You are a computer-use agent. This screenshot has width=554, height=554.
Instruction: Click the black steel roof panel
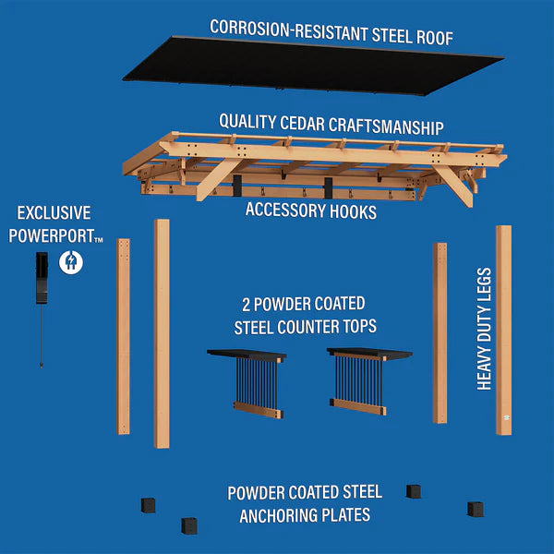pos(313,66)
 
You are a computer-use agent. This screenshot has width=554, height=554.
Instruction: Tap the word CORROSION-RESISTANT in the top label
pos(289,30)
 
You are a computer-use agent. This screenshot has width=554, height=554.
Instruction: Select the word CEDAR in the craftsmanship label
pos(302,124)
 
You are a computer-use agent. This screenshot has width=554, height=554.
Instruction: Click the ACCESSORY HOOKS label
pos(311,211)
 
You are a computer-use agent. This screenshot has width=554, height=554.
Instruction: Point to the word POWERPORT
pos(52,235)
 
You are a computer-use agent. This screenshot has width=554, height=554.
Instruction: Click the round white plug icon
pos(71,262)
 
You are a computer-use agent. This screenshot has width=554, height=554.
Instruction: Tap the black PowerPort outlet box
pos(42,278)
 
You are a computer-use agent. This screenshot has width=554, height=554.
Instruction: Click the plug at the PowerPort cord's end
pos(42,364)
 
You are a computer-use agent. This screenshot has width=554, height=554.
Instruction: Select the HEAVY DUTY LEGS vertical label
pos(484,329)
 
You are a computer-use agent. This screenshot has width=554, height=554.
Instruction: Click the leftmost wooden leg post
pos(124,336)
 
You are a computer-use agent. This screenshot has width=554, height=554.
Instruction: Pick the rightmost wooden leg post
pos(504,330)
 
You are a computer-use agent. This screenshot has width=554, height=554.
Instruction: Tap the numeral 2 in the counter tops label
pos(246,306)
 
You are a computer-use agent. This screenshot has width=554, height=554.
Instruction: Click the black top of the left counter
pos(247,355)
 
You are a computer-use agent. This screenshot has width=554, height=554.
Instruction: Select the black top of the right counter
pos(369,353)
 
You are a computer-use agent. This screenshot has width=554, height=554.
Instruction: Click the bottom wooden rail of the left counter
pos(258,410)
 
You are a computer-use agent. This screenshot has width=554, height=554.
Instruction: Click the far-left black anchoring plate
pos(148,505)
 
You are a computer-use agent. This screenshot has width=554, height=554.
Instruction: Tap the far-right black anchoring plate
pos(476,509)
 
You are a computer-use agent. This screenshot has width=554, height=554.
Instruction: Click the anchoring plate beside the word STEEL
pos(414,491)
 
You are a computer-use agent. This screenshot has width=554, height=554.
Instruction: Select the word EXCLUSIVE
pos(54,213)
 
